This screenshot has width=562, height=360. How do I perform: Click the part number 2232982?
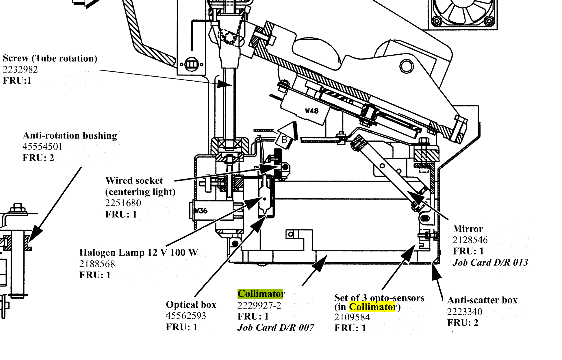tap(20, 69)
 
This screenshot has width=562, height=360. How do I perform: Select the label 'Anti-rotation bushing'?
tap(70, 135)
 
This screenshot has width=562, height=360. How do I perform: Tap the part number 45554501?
tap(42, 147)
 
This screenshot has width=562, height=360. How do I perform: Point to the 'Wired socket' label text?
tap(134, 180)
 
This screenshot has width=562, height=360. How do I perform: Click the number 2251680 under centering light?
tap(123, 203)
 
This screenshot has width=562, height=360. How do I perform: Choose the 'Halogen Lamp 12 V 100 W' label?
tap(139, 252)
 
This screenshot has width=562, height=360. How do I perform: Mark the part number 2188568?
tap(97, 264)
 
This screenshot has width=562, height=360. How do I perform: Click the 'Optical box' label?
tap(191, 304)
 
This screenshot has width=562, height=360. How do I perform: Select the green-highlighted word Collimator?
tap(261, 294)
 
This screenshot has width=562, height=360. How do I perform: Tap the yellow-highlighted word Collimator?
tap(372, 307)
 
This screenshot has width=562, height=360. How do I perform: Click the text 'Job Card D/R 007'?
tap(276, 327)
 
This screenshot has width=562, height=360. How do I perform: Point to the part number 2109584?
tap(352, 317)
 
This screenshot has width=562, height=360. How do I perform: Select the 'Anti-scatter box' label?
tap(482, 300)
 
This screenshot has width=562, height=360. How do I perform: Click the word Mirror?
tap(468, 229)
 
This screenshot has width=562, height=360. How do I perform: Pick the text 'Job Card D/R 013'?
tap(490, 262)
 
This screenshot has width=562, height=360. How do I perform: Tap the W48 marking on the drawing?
tap(312, 111)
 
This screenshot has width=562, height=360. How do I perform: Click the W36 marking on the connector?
tap(201, 211)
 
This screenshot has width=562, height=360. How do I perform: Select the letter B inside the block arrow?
tap(284, 140)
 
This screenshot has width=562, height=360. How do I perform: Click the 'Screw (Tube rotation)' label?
tap(50, 58)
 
